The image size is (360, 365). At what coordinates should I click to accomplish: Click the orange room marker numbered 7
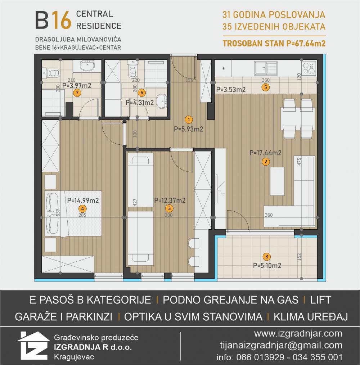77,93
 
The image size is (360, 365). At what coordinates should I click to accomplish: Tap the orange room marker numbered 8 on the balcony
267,257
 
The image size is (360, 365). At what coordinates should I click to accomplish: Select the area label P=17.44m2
265,153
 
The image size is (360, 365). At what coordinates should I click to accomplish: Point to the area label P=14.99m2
83,200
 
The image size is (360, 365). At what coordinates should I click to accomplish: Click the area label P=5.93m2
188,129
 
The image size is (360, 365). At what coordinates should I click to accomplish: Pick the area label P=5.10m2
267,265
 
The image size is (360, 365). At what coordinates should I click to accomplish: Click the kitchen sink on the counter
265,68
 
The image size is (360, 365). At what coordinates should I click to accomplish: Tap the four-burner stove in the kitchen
309,68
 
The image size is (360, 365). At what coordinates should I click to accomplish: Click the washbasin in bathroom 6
162,101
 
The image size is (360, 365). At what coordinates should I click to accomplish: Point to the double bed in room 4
73,213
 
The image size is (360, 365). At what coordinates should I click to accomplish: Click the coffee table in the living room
277,181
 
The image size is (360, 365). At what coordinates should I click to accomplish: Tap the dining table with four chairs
298,119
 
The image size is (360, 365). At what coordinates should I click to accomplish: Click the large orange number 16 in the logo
61,20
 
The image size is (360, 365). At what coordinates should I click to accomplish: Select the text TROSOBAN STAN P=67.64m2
274,44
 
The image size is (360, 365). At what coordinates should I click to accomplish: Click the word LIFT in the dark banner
320,300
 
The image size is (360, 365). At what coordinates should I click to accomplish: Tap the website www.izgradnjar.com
298,334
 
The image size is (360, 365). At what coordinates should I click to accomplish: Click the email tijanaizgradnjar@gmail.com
281,345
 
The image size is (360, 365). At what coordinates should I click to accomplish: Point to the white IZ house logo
33,345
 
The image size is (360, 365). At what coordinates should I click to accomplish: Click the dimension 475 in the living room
299,162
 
